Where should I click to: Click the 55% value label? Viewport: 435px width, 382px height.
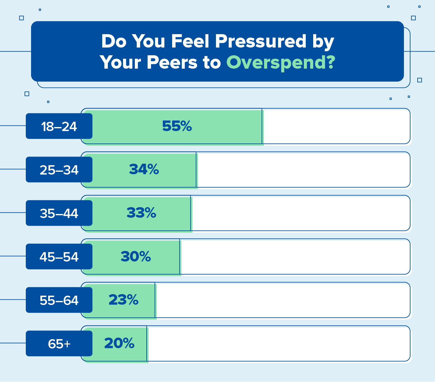pos(177,126)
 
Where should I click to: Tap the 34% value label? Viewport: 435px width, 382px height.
pos(144,170)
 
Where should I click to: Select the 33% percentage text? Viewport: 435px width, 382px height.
pos(141,213)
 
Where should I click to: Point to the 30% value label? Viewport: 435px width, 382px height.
pos(135,257)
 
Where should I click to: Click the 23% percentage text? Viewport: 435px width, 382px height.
pos(123,300)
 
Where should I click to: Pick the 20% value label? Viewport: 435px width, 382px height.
pos(119,343)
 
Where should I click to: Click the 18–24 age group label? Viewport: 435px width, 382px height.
pos(59,126)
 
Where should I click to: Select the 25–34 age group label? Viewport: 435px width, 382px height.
pos(59,170)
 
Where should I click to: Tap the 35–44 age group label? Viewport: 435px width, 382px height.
pos(59,213)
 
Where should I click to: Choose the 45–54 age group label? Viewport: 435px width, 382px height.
pos(59,257)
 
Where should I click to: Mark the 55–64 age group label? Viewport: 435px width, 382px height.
pos(59,300)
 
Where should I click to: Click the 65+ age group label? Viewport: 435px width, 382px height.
pos(59,344)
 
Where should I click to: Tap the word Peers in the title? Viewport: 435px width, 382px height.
pos(172,62)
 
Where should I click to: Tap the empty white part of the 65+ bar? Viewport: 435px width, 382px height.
pos(278,344)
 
